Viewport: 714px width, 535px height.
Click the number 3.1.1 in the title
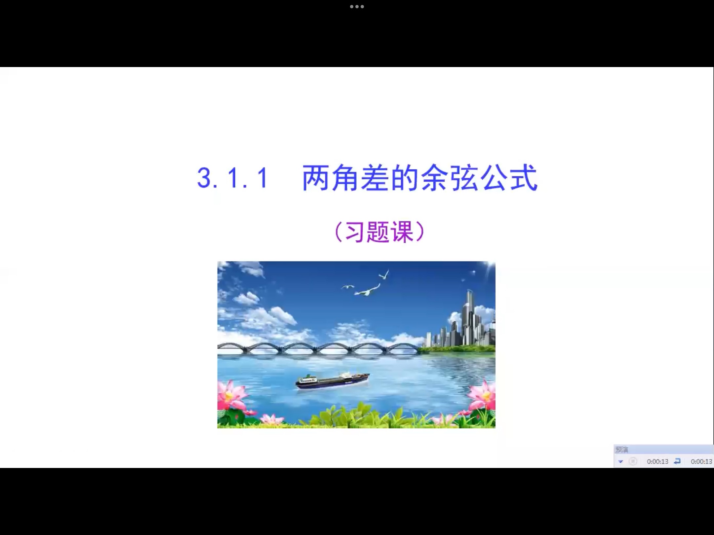[x=232, y=178]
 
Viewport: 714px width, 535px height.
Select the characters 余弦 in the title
[x=450, y=178]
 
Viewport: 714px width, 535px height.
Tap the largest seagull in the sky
[x=369, y=290]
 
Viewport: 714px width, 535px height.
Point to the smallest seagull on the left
[x=347, y=287]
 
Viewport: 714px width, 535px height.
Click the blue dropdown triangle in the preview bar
[x=620, y=461]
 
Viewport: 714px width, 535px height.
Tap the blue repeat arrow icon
[x=677, y=461]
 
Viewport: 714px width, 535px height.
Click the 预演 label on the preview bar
[x=622, y=449]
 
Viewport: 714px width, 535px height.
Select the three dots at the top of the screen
[x=357, y=7]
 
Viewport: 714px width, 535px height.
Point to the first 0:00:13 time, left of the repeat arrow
[x=657, y=461]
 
